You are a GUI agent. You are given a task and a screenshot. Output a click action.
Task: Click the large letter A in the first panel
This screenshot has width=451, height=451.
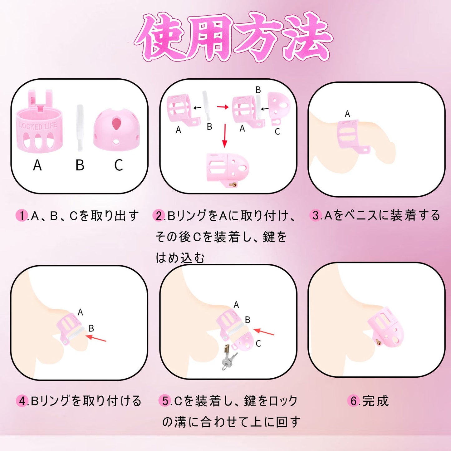point(37,165)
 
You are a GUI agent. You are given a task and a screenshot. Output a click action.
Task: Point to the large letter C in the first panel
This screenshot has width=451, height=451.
point(118,165)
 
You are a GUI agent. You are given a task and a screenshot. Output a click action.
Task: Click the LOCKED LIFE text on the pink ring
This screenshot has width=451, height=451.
point(38,126)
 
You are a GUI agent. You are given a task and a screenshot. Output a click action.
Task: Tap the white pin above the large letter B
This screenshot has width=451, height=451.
point(80,128)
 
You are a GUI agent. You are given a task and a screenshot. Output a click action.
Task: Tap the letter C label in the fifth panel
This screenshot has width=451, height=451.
point(258,344)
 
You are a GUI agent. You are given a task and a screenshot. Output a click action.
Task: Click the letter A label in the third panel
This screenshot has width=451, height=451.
point(347,114)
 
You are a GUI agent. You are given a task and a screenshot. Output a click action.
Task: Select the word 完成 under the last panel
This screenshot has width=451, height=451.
point(376,401)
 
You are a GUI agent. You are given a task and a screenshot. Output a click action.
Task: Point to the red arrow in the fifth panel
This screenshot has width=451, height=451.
point(264,332)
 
